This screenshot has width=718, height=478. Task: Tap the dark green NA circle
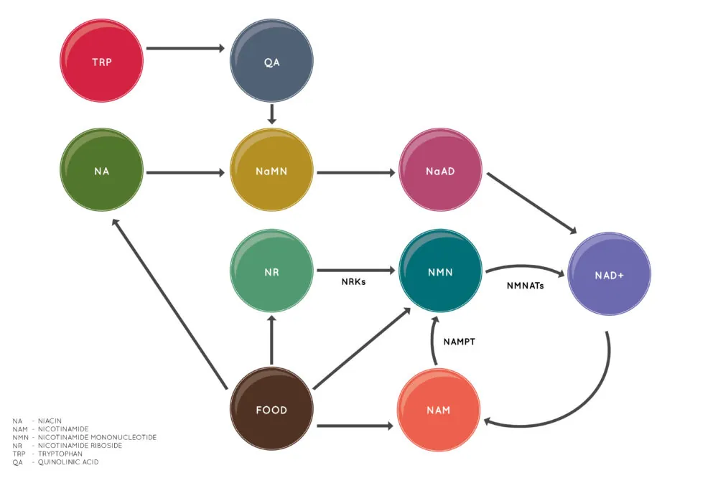(102, 172)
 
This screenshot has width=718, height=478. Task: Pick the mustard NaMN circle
(271, 172)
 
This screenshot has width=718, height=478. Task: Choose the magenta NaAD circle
(439, 172)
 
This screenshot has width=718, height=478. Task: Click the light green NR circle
(271, 272)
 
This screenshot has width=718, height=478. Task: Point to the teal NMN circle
(439, 272)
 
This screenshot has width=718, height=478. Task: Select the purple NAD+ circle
(609, 275)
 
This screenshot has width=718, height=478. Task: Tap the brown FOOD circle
(271, 410)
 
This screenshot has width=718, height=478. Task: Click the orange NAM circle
(439, 410)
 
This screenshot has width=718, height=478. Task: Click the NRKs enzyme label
(353, 282)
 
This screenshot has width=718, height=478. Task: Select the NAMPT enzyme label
(460, 342)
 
